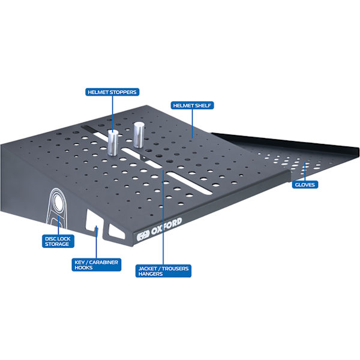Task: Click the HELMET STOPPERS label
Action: (112, 92)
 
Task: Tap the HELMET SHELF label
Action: (192, 106)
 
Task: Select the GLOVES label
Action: (305, 185)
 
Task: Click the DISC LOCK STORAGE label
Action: (58, 241)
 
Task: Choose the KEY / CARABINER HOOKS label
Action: (97, 265)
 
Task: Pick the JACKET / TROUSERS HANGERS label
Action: (163, 271)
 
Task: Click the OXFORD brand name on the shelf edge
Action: (166, 227)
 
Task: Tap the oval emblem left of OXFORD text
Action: (143, 236)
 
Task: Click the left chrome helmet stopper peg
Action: (113, 143)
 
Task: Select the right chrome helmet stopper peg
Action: (139, 135)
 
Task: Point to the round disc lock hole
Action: (56, 202)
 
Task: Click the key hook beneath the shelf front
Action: (97, 232)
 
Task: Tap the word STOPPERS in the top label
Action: (123, 92)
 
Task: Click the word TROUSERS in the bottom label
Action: (175, 268)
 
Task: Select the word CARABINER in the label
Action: (104, 262)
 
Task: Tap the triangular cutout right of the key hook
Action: (116, 232)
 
